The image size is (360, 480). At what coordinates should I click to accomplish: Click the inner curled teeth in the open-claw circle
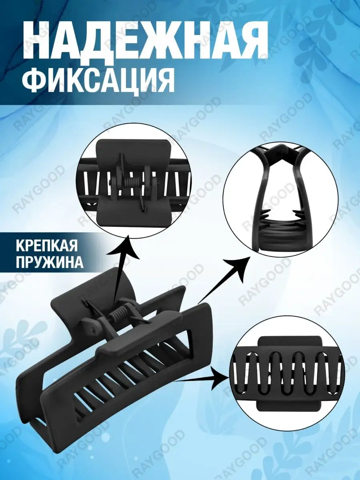point(280,219)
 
